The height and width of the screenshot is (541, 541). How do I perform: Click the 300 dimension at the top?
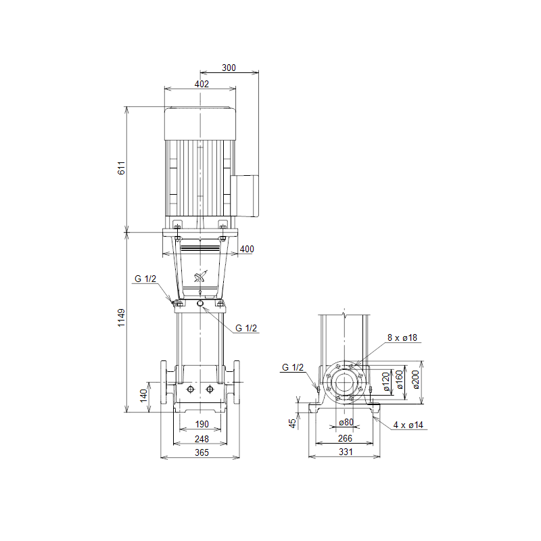(x=229, y=68)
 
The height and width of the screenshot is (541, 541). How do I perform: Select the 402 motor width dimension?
(x=202, y=84)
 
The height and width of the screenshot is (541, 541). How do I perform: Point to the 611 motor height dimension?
(x=121, y=168)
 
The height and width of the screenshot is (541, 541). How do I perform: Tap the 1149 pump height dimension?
(x=121, y=318)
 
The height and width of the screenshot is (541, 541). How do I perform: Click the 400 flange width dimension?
(x=247, y=249)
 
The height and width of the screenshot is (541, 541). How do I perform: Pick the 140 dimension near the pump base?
(x=143, y=396)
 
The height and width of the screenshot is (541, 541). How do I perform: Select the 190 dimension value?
(x=202, y=424)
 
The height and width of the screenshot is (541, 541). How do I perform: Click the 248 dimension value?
(x=202, y=439)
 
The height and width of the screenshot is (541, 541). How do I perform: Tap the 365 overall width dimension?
(x=202, y=452)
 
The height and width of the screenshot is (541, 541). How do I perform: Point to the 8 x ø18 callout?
(x=402, y=337)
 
